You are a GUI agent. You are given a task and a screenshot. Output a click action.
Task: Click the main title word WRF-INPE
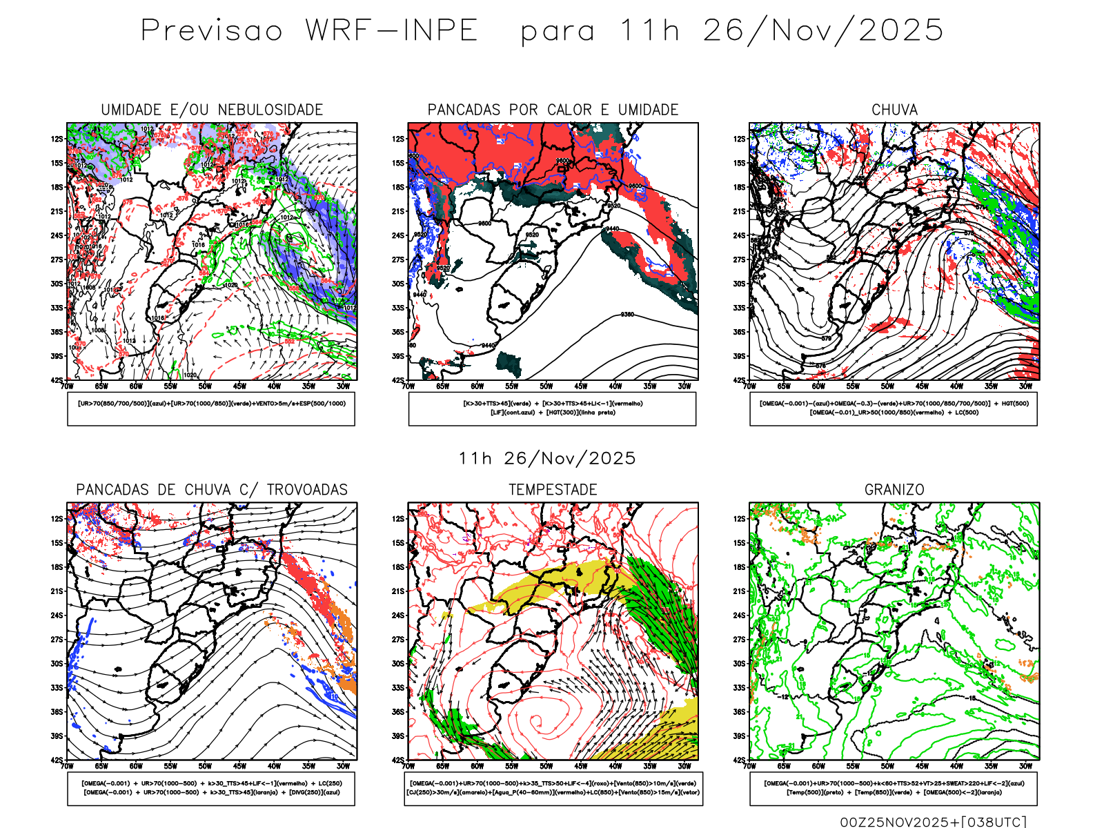click(x=391, y=31)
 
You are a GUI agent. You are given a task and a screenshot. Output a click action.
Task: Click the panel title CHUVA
click(x=894, y=110)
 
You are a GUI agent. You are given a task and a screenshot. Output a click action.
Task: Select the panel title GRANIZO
click(x=894, y=490)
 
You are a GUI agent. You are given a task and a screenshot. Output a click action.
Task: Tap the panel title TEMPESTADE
click(x=553, y=490)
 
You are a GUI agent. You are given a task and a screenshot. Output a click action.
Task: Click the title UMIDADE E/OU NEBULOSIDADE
click(x=212, y=110)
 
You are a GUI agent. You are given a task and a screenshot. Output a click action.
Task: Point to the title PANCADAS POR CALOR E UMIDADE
click(x=553, y=110)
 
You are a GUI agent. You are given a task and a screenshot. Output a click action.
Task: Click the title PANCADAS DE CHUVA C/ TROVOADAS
click(x=212, y=490)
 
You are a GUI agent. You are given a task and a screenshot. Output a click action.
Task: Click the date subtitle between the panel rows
click(x=546, y=459)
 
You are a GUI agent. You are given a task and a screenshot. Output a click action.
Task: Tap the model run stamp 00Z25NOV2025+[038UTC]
click(x=933, y=822)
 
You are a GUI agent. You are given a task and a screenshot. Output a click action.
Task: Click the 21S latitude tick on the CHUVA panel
click(x=740, y=211)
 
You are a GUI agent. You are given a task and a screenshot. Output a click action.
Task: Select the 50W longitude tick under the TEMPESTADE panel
click(x=546, y=766)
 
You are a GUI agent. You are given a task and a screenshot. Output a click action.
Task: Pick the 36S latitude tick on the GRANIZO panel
click(x=740, y=712)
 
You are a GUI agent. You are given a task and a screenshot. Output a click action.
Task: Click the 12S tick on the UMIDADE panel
click(x=57, y=139)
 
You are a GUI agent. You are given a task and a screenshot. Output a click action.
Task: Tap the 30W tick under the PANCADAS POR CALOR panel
click(x=684, y=386)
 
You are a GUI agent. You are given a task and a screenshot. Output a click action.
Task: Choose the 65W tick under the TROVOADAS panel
click(x=101, y=766)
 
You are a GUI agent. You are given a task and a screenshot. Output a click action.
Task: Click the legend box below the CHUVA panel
click(x=894, y=408)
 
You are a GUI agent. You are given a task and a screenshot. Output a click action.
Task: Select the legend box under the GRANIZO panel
click(x=894, y=788)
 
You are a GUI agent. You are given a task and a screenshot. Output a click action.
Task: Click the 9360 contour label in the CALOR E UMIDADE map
click(x=627, y=315)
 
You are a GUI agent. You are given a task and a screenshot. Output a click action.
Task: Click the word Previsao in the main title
click(x=212, y=31)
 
